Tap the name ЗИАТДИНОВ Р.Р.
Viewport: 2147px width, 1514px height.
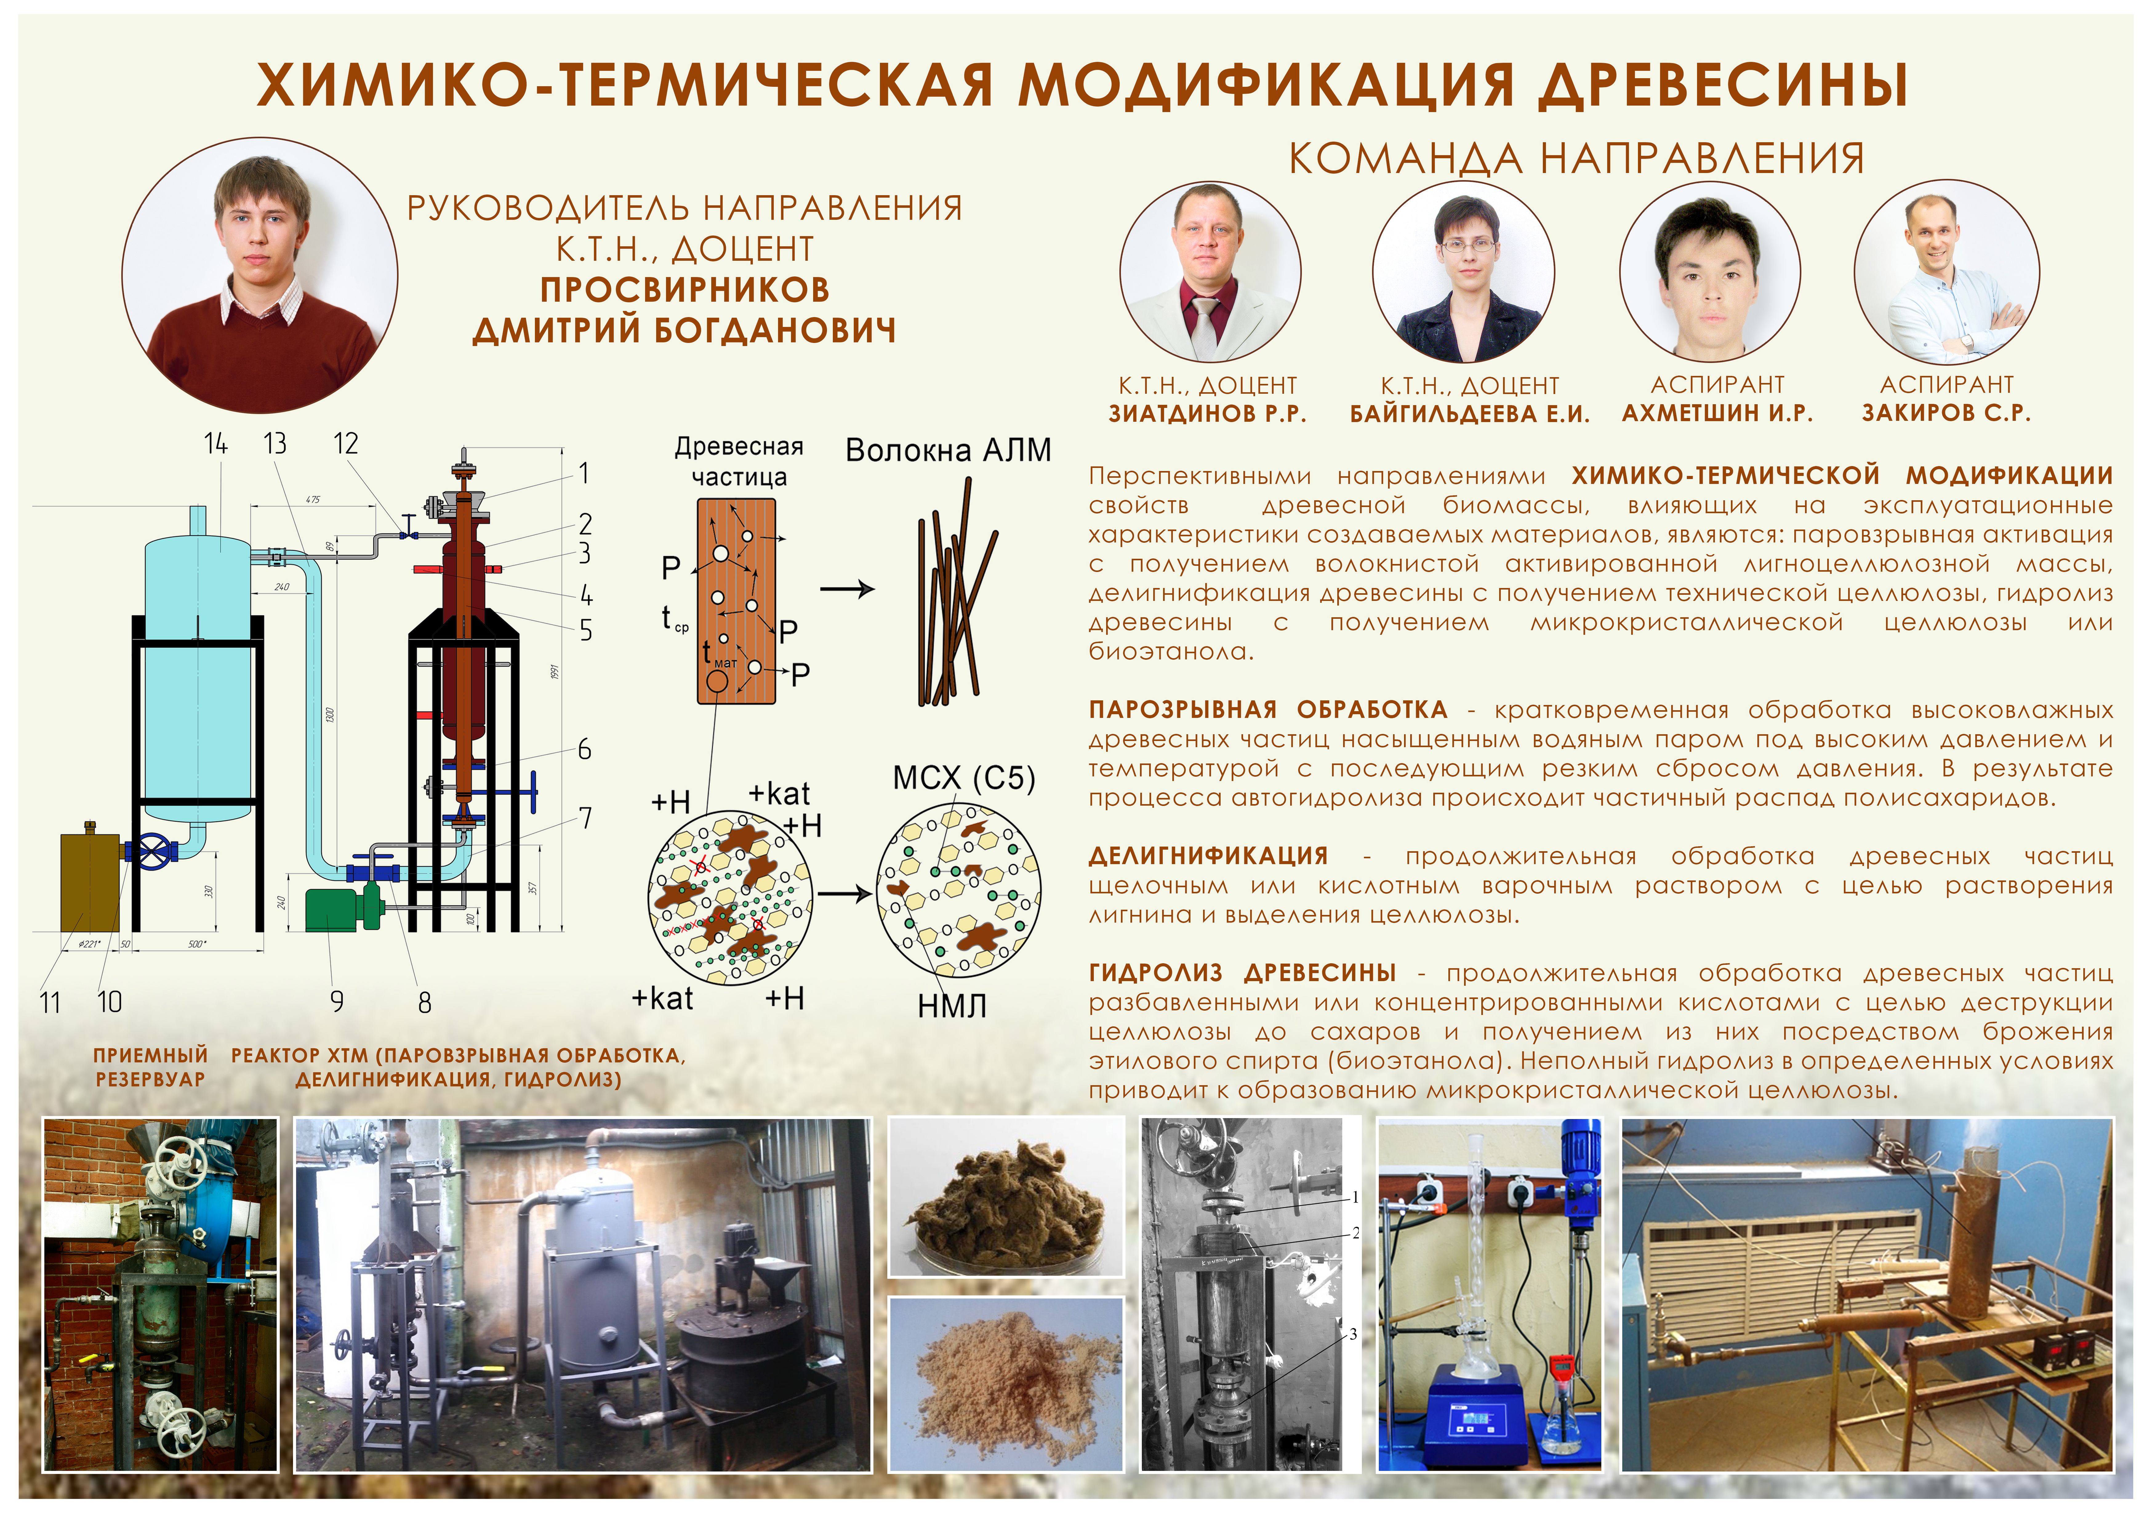(1207, 413)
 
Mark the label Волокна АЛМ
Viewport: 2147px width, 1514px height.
(948, 451)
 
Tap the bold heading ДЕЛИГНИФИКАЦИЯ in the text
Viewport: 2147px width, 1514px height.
(1208, 856)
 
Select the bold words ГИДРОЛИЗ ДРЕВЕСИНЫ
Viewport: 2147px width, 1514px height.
(1243, 972)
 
